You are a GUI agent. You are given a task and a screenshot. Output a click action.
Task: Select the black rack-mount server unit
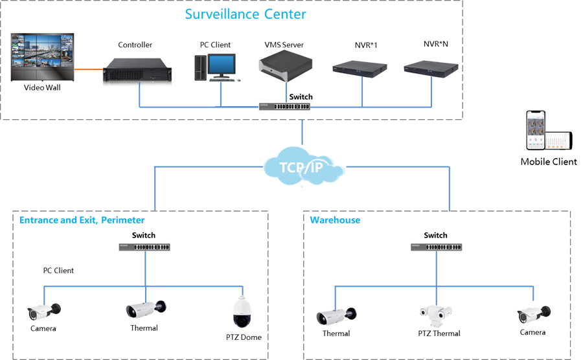tap(137, 69)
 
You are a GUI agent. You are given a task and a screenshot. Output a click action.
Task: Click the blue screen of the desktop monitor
tap(222, 64)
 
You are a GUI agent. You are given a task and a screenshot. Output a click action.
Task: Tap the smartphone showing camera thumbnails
tap(536, 130)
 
